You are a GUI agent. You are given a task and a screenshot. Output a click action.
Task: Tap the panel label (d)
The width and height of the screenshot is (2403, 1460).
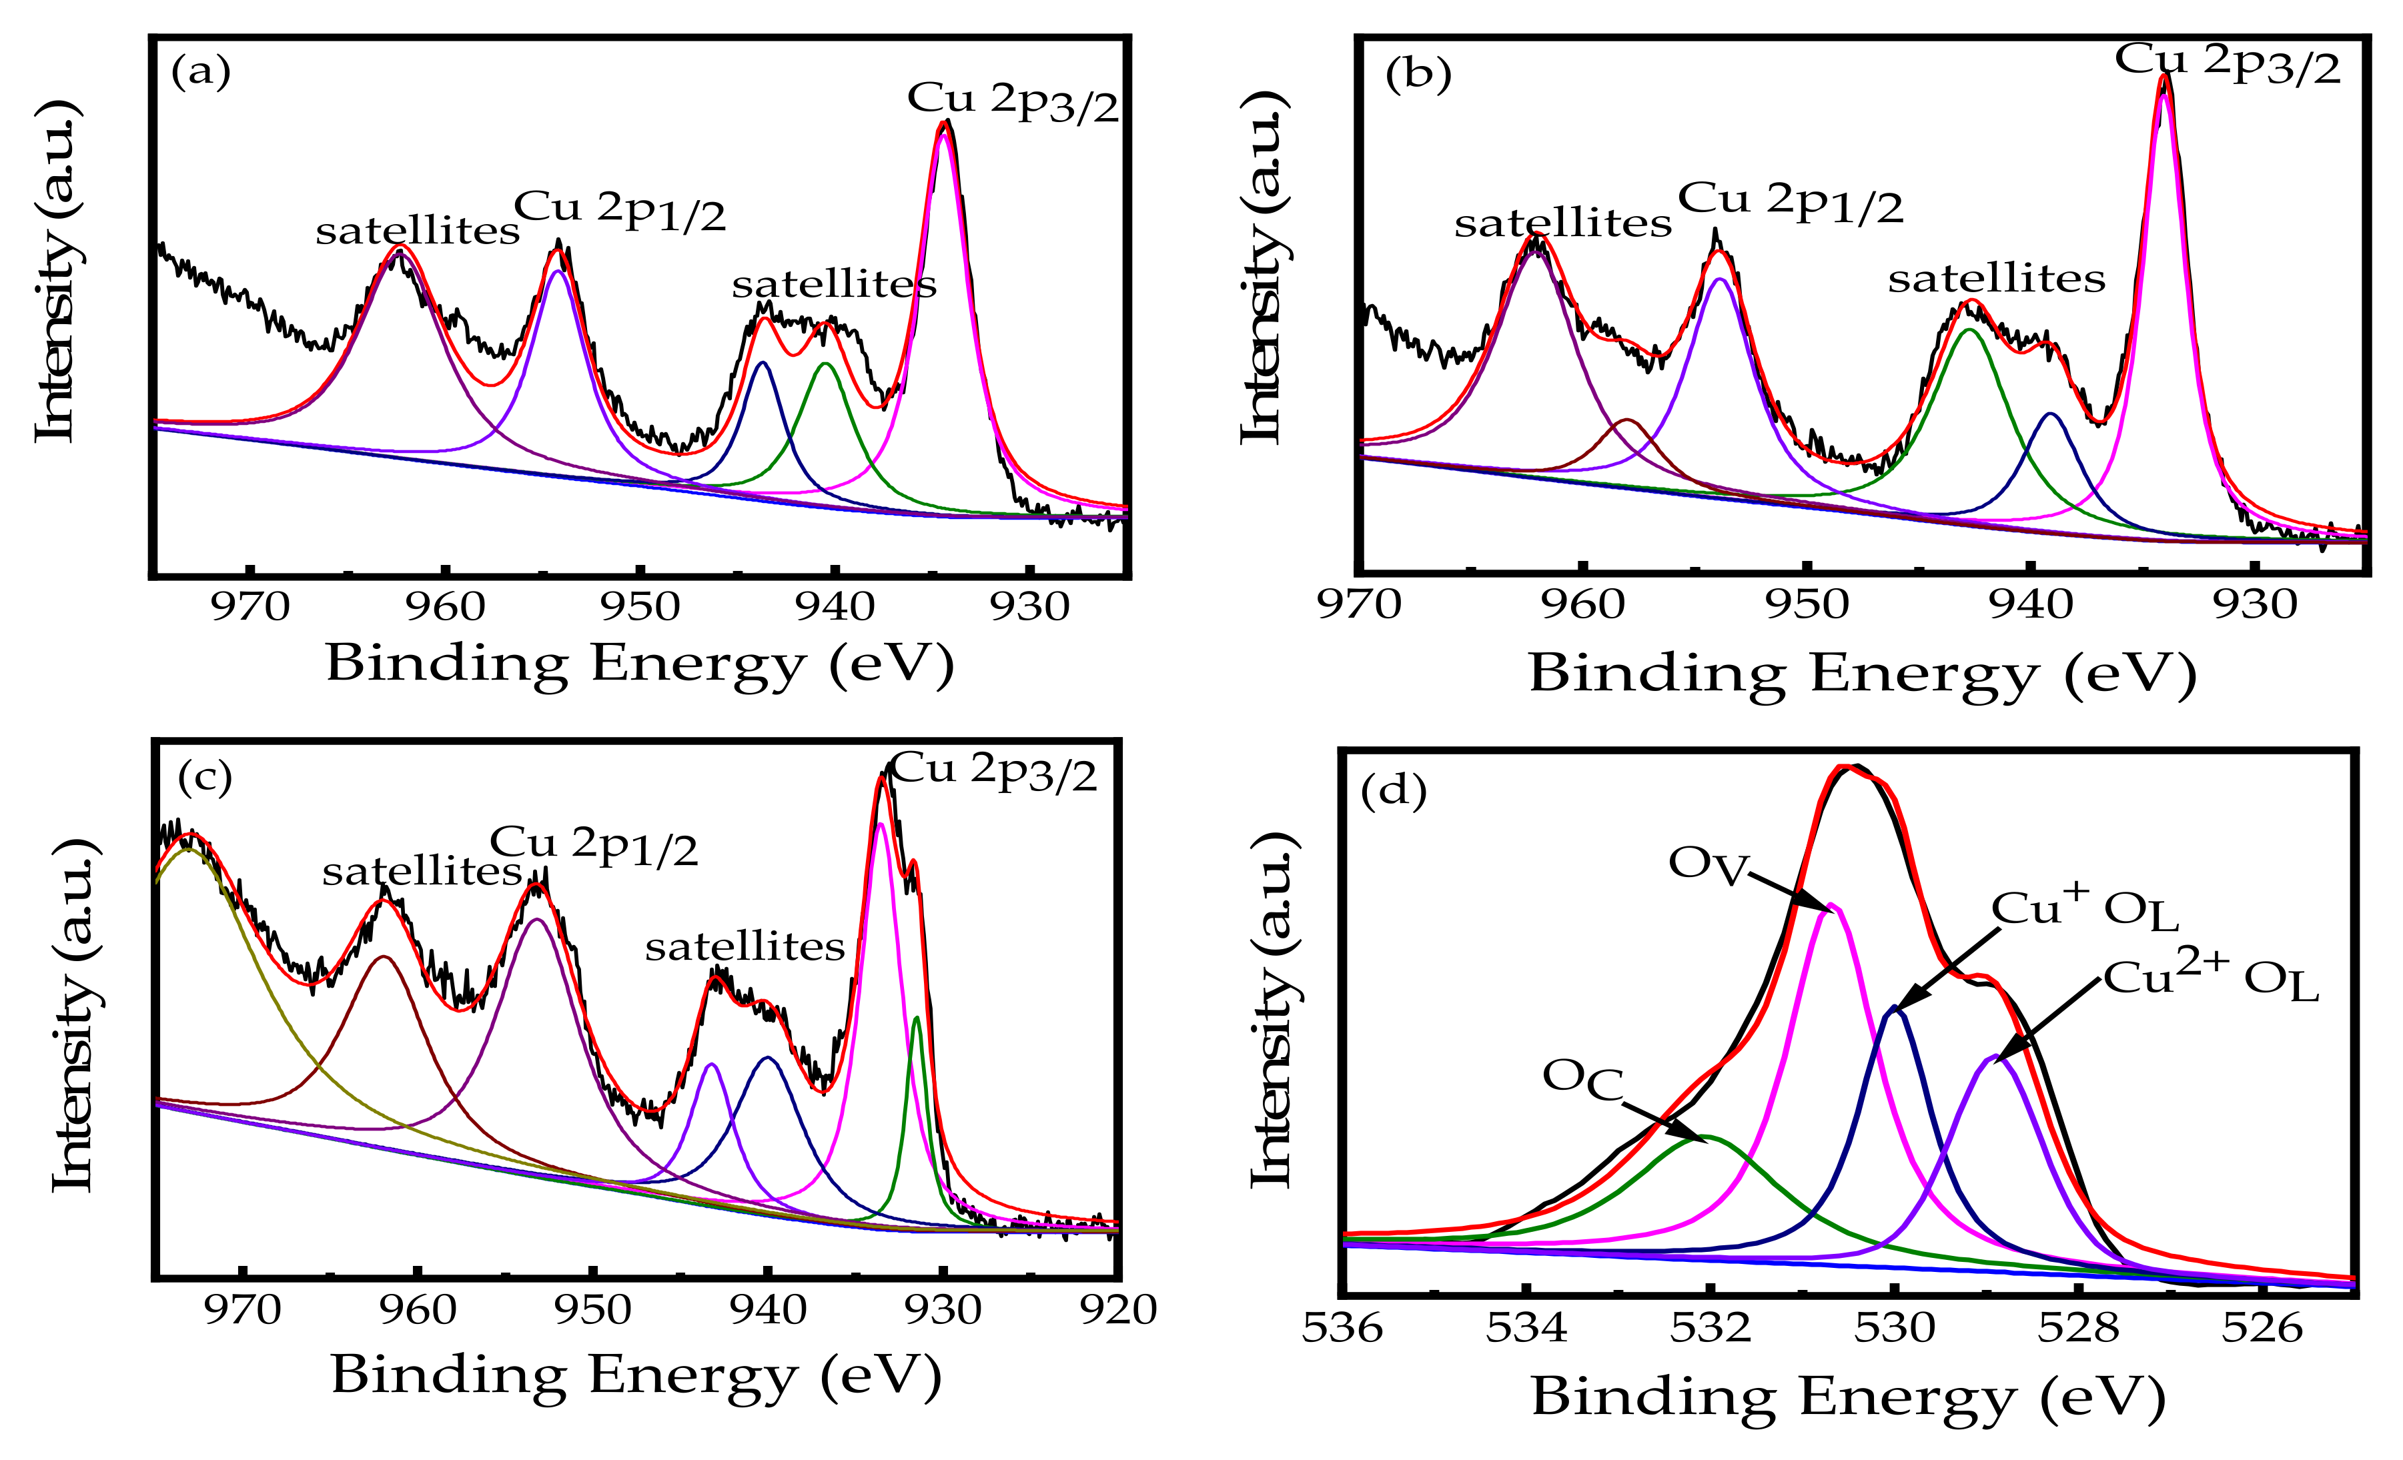click(x=1393, y=791)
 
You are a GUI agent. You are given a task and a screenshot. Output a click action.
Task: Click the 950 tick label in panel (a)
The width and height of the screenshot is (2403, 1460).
click(x=640, y=608)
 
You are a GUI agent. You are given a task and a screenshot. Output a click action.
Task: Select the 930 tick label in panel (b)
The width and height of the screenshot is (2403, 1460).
click(x=2255, y=606)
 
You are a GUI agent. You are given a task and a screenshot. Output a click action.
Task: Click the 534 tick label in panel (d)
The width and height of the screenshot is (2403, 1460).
click(x=1526, y=1329)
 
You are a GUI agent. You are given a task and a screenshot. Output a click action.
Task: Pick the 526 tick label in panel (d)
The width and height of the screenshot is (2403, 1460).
click(x=2262, y=1329)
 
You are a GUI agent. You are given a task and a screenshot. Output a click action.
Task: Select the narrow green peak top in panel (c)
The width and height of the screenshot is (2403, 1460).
click(x=916, y=1019)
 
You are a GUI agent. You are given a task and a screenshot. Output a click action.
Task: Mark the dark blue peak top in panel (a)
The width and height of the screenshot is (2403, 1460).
click(x=763, y=363)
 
